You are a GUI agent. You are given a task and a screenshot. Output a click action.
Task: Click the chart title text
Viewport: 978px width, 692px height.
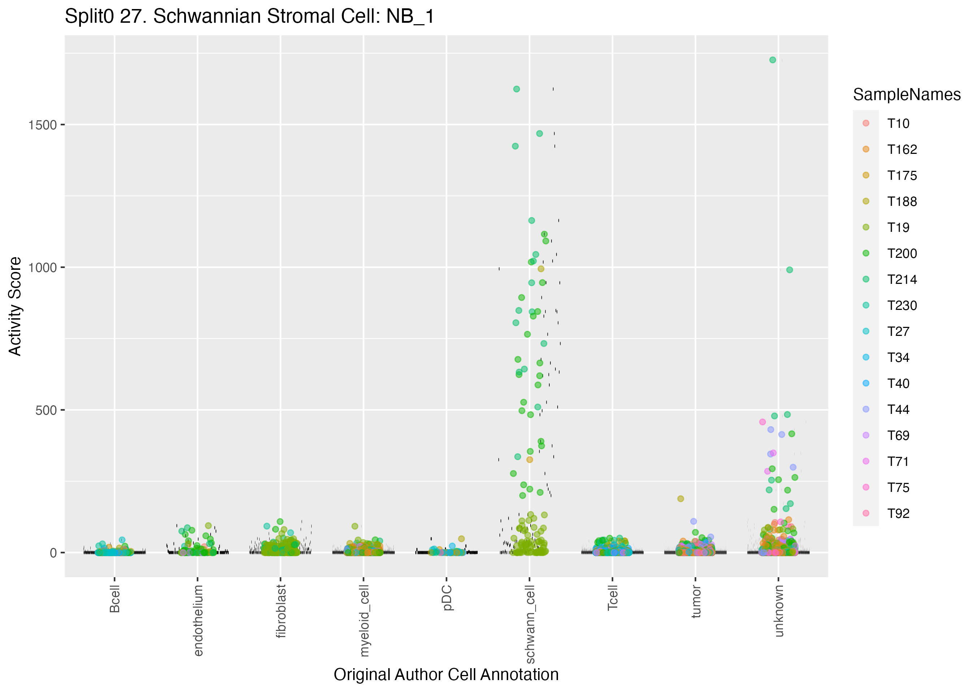point(249,17)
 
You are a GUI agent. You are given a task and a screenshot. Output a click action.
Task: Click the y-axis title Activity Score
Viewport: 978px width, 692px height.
point(15,306)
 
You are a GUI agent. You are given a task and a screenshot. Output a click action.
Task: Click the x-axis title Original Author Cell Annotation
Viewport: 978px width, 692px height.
point(446,675)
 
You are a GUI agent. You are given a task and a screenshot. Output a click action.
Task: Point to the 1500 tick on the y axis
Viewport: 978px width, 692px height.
point(42,125)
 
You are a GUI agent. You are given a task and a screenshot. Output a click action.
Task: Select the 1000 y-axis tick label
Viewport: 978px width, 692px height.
point(42,268)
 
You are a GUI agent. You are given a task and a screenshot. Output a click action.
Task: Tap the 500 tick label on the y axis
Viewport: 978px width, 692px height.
point(46,410)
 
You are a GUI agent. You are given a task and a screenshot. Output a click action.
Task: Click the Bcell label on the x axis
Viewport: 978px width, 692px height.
point(114,599)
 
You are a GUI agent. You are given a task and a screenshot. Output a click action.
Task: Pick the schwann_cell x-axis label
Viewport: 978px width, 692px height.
point(530,624)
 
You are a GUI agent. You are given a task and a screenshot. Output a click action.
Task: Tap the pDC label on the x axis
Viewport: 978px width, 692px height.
point(447,598)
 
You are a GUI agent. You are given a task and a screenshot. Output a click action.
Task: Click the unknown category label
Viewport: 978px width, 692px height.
point(779,611)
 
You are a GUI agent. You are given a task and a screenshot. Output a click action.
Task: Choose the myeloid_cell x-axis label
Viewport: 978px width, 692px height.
point(364,620)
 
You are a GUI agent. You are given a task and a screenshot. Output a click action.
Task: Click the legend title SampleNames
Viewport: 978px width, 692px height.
point(907,95)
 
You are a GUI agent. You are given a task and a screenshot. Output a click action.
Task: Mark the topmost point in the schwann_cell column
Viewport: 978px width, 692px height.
point(516,89)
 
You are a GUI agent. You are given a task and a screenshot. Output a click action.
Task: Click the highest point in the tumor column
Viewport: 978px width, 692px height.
point(681,498)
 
